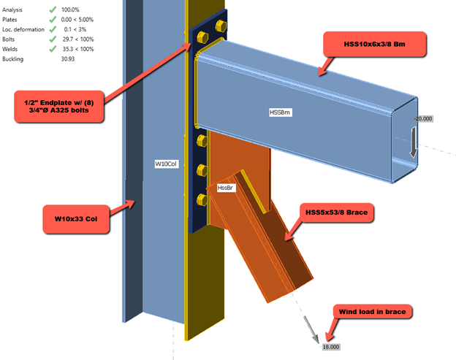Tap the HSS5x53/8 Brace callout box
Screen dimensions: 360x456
point(338,212)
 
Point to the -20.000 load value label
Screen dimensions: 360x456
point(422,118)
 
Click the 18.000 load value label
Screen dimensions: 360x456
point(330,347)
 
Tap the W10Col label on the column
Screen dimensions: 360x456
point(166,164)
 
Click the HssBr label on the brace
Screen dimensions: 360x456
point(225,188)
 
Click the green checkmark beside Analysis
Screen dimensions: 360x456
point(53,9)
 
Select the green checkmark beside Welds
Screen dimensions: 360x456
point(53,49)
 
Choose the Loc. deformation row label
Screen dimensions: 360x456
point(23,29)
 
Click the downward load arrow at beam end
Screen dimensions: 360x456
point(414,142)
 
